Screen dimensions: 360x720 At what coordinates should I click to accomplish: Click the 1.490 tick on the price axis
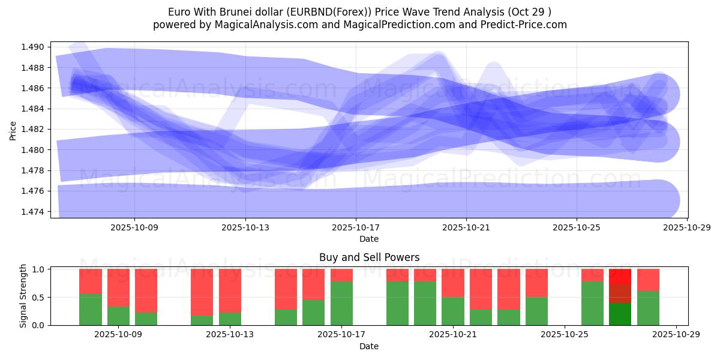33,47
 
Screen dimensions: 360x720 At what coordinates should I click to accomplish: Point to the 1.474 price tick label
33,211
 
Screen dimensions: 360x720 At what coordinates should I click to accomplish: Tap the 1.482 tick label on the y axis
33,129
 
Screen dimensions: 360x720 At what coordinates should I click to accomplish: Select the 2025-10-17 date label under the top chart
356,227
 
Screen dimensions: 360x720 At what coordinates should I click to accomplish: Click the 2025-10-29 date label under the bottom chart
676,335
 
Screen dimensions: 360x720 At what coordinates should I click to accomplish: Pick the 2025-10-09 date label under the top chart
134,227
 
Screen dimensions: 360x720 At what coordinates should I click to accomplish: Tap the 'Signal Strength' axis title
24,296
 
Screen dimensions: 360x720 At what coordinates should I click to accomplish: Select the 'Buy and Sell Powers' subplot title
368,257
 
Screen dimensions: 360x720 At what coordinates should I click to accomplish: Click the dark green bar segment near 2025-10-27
620,314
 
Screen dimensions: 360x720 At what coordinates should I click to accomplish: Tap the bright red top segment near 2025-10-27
620,277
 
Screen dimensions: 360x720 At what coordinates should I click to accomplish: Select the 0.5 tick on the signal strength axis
38,297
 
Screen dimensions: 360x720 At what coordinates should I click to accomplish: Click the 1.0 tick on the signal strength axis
38,269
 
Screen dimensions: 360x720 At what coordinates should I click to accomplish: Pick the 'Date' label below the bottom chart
368,346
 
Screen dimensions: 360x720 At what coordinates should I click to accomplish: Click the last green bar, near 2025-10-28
648,308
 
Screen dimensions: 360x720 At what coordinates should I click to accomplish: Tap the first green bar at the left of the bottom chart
91,310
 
